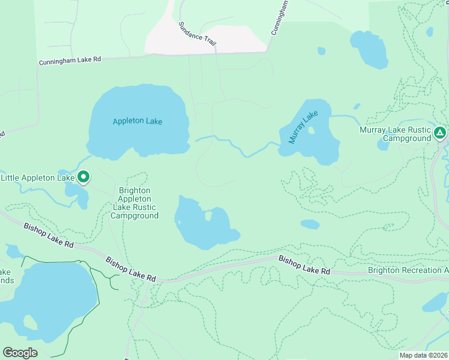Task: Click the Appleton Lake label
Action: [137, 121]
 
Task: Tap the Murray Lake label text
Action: [302, 127]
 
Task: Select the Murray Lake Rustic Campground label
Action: [395, 134]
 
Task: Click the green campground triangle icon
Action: [440, 132]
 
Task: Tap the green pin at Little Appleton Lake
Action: [84, 177]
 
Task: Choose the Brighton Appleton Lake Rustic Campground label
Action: [134, 203]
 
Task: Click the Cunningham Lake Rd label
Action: [70, 61]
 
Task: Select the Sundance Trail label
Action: [197, 34]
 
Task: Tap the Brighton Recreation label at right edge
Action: [408, 270]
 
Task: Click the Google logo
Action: [20, 353]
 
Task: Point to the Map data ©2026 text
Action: [423, 355]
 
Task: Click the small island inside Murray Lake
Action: [311, 131]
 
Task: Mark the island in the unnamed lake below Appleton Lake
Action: [208, 215]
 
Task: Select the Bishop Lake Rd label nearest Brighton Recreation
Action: [304, 265]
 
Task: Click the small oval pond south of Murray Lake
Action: [310, 224]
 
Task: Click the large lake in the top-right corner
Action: [369, 48]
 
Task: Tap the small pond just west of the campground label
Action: [383, 145]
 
